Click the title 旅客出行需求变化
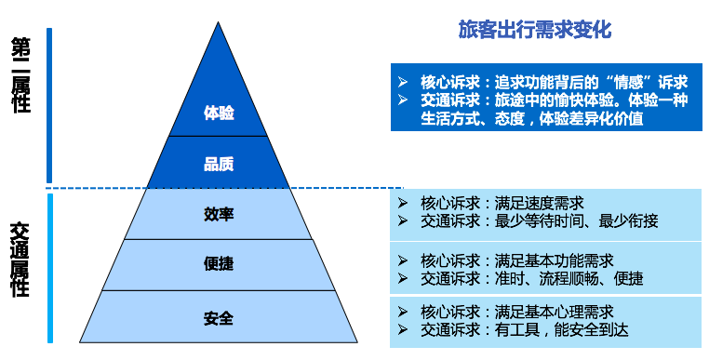[x=534, y=30]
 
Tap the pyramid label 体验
[x=219, y=113]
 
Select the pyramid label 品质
[x=219, y=165]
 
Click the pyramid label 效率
[x=219, y=215]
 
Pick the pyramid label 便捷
[x=219, y=264]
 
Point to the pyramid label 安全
[x=219, y=319]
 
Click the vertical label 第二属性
[x=20, y=74]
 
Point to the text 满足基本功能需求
[x=550, y=260]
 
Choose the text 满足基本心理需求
[x=550, y=311]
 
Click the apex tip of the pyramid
[x=219, y=23]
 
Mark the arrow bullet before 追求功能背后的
[x=402, y=82]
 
